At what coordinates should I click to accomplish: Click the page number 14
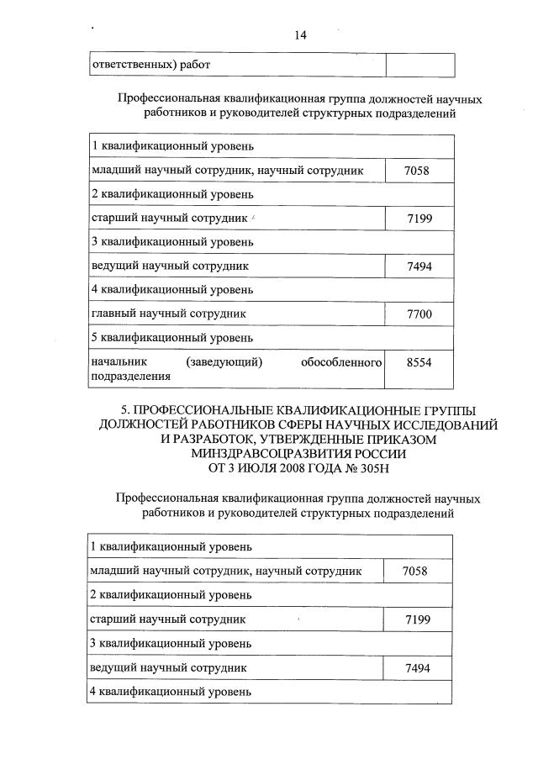pyautogui.click(x=300, y=35)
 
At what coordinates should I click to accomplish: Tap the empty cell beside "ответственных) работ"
pyautogui.click(x=419, y=65)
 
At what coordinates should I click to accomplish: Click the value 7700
pyautogui.click(x=418, y=314)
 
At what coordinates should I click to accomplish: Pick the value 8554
pyautogui.click(x=418, y=361)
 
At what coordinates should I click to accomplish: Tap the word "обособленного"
pyautogui.click(x=341, y=362)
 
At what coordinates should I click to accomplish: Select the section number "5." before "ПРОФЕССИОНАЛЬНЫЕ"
pyautogui.click(x=128, y=409)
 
